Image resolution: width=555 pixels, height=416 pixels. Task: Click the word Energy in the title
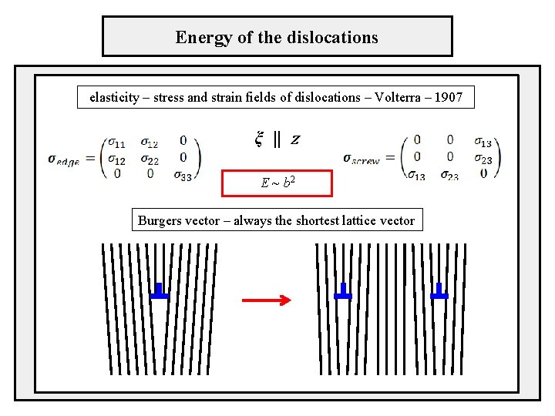coord(199,37)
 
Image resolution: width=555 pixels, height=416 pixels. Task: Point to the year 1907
coord(447,98)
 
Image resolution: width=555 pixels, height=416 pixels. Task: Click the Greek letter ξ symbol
coord(259,139)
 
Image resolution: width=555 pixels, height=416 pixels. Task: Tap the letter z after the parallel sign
coord(295,140)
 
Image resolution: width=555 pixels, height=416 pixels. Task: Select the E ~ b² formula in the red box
coord(277,183)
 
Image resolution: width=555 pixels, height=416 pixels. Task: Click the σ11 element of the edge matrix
coord(116,143)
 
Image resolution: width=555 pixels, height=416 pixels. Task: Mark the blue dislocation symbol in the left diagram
coord(160,292)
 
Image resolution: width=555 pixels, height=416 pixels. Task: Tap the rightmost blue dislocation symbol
coord(439,292)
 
